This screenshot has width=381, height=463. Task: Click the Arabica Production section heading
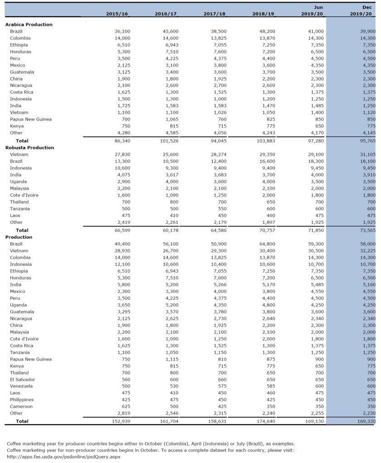[x=29, y=24]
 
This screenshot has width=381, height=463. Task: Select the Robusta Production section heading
[x=29, y=147]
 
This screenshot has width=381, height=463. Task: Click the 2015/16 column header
[x=117, y=14]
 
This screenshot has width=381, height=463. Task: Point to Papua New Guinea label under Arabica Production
[x=31, y=119]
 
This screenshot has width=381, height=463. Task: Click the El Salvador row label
[x=22, y=379]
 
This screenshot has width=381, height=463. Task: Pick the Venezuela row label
[x=21, y=386]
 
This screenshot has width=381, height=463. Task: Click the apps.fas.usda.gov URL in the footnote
[x=63, y=457]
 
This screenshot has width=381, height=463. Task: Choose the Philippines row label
[x=22, y=400]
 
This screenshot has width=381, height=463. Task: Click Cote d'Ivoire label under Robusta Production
[x=24, y=195]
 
